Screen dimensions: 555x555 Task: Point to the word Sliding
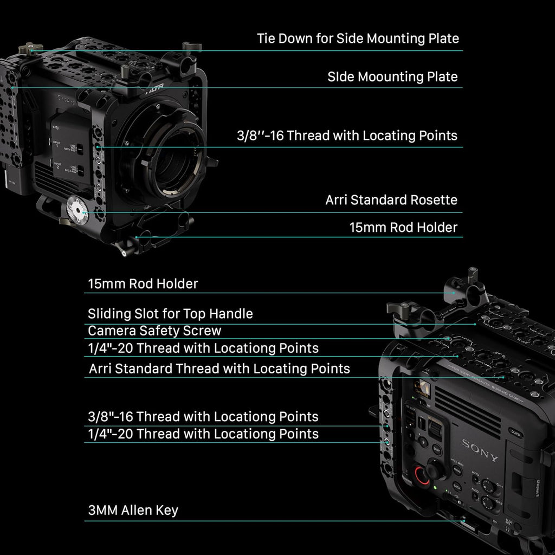point(108,313)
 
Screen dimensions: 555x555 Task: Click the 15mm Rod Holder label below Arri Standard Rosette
point(403,228)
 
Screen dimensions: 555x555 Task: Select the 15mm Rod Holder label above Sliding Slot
point(143,283)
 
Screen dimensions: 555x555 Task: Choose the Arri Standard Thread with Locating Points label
point(220,369)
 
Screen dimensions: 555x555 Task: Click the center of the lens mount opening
point(172,157)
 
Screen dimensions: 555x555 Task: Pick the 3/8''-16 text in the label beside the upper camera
point(260,135)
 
